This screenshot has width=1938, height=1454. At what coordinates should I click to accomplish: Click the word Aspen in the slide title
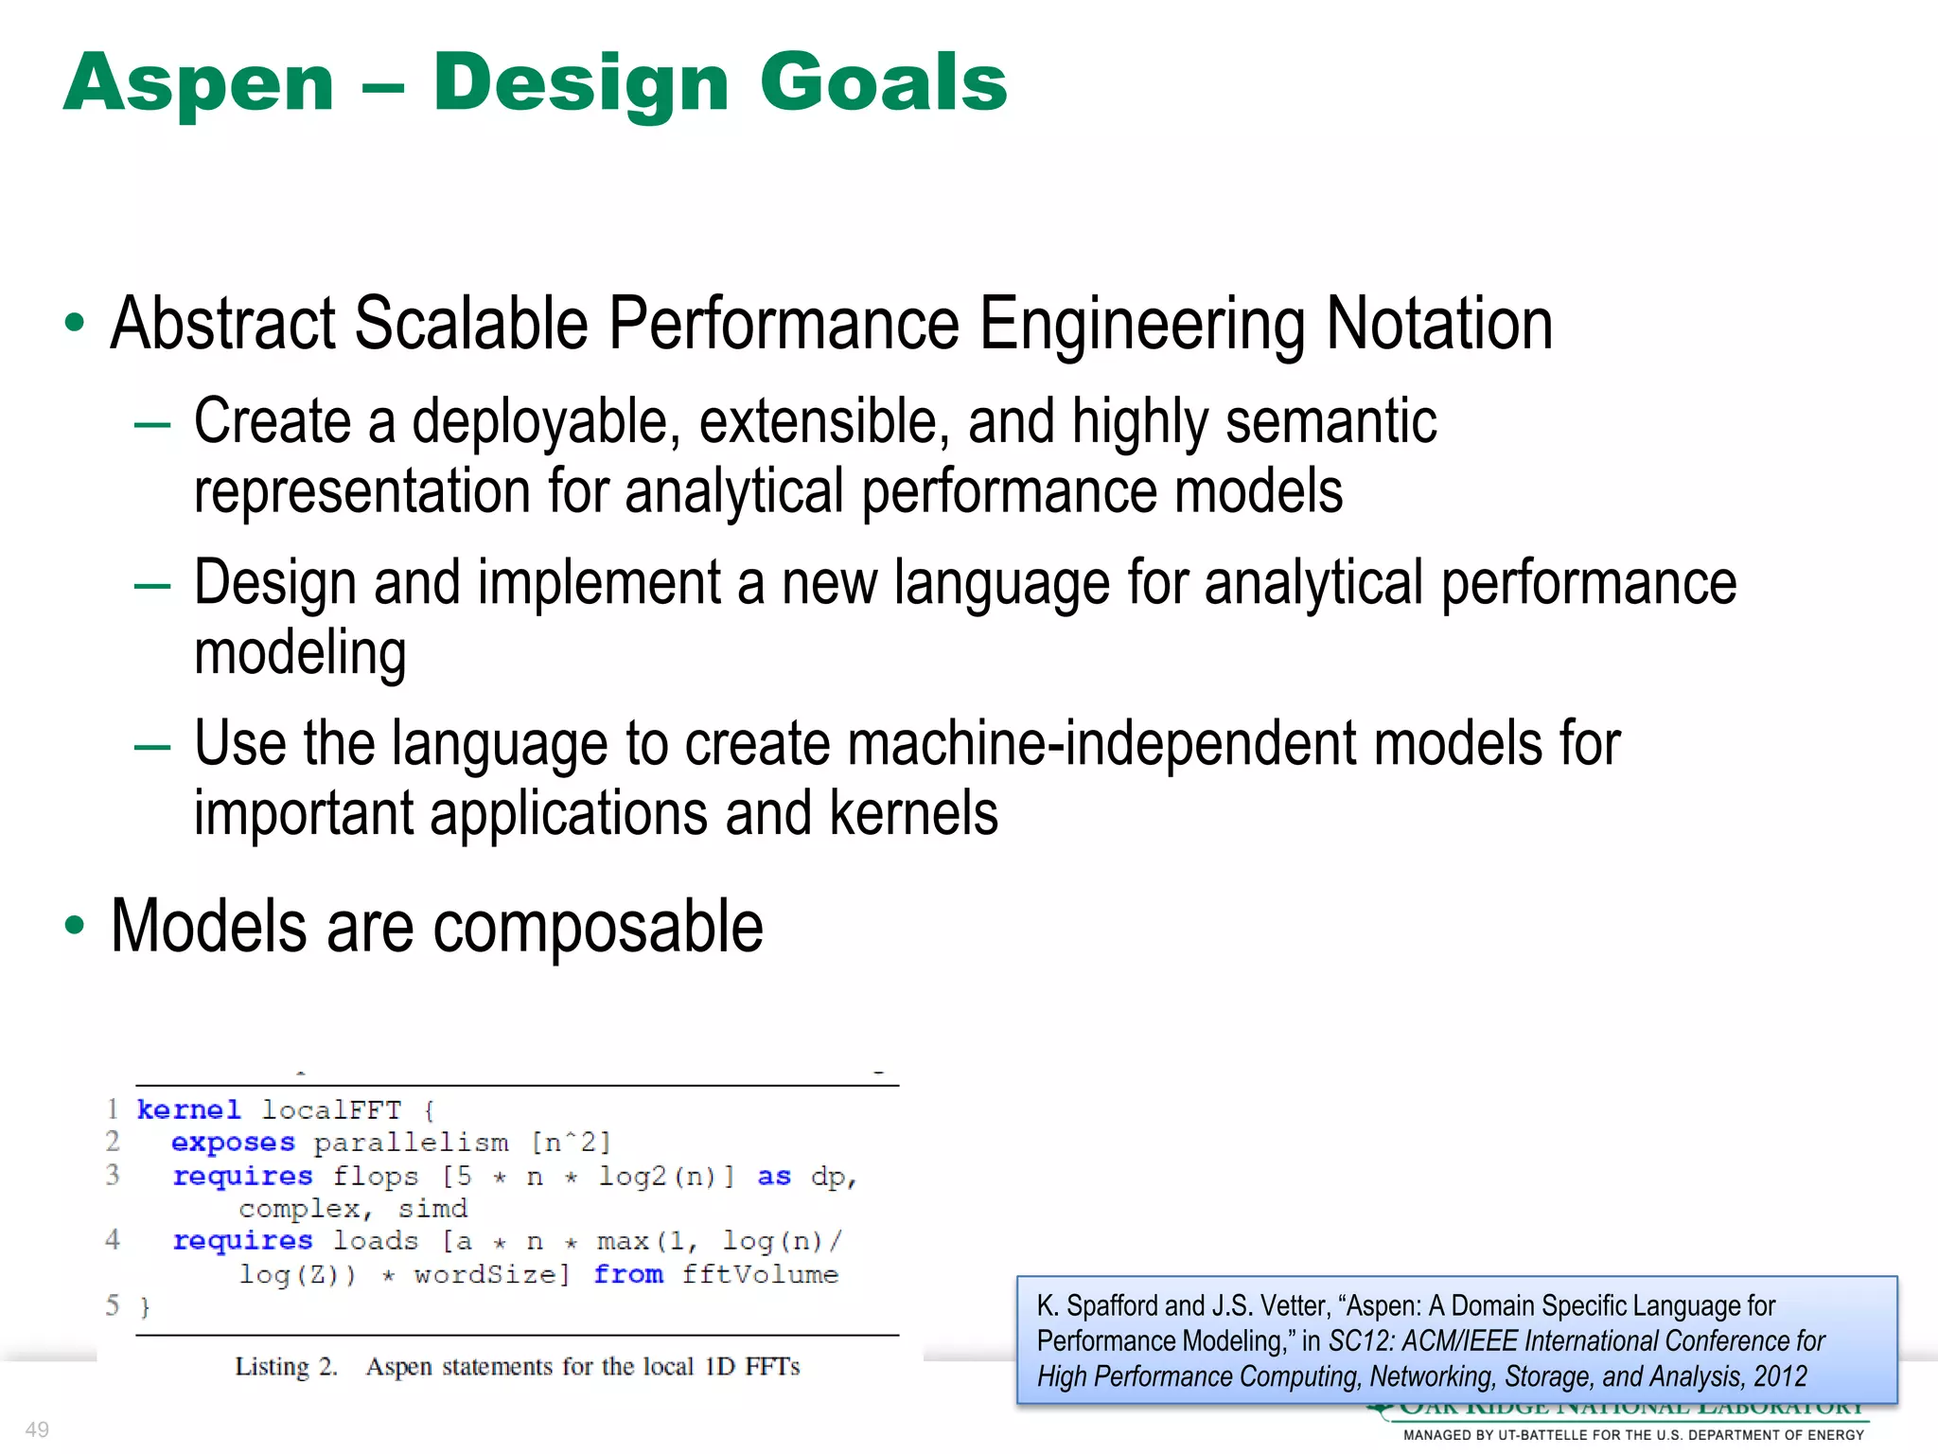tap(199, 83)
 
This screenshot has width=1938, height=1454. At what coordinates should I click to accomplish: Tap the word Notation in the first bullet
tap(1438, 324)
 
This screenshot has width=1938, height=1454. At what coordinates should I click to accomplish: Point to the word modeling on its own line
tap(300, 653)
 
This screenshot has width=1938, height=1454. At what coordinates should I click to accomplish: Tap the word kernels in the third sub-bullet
tap(913, 813)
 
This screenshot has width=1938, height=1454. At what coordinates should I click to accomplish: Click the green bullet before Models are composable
tap(75, 925)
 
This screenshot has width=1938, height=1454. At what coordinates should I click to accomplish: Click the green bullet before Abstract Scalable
tap(75, 323)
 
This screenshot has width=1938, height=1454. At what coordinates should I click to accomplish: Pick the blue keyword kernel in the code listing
tap(188, 1109)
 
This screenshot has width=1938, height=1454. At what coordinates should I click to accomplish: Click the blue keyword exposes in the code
tap(233, 1143)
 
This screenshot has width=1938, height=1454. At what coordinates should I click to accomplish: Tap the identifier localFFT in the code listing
tap(331, 1109)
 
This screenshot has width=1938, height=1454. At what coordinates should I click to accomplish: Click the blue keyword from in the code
tap(628, 1274)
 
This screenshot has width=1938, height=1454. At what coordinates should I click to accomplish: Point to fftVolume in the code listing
tap(760, 1274)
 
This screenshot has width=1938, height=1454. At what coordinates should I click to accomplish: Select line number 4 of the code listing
tap(113, 1239)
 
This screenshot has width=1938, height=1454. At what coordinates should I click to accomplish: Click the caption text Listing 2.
tap(286, 1367)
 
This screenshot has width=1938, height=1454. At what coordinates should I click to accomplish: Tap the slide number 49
tap(37, 1429)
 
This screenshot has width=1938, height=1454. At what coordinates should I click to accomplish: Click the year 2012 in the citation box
tap(1780, 1376)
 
